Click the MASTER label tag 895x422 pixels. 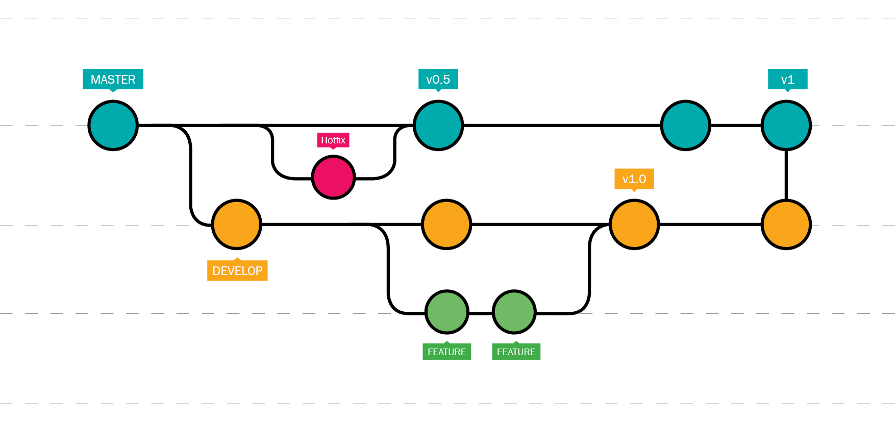[x=113, y=79]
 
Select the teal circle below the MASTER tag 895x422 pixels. [x=113, y=126]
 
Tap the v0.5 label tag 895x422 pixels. [x=438, y=79]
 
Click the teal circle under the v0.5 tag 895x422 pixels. [x=438, y=126]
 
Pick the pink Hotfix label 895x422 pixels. [x=333, y=140]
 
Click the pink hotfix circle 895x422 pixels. [x=333, y=177]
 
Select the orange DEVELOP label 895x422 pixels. [x=237, y=270]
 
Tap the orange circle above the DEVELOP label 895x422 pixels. [x=236, y=225]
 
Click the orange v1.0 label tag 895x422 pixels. [x=634, y=179]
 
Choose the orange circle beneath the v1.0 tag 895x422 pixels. [x=634, y=225]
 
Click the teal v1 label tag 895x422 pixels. [x=787, y=79]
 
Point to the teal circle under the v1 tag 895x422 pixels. [x=786, y=126]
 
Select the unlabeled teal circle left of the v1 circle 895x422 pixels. [x=685, y=126]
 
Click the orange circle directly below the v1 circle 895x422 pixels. [x=786, y=225]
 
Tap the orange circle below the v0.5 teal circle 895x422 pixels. [x=446, y=225]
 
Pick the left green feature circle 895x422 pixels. [x=446, y=312]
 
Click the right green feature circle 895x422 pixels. [x=514, y=312]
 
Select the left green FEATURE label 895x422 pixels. [x=446, y=352]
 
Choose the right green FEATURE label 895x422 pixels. [x=516, y=352]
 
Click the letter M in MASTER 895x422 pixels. [x=95, y=80]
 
